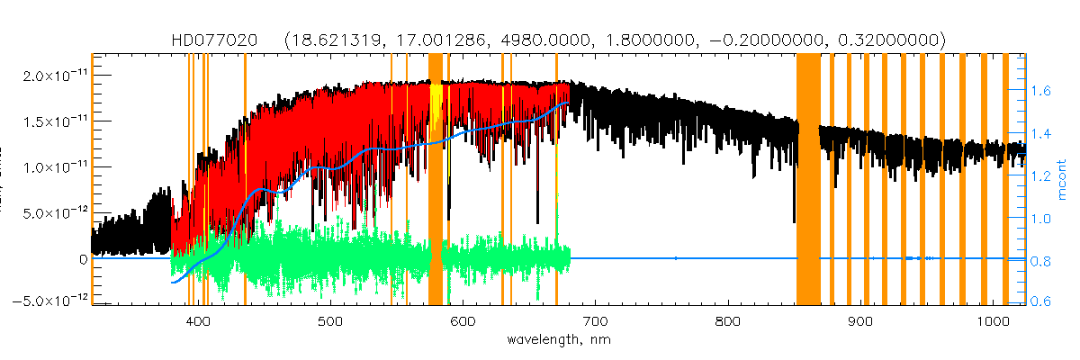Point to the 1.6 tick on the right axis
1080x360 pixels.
click(1042, 91)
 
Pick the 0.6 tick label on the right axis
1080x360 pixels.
click(1042, 302)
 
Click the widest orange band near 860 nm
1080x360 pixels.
click(807, 180)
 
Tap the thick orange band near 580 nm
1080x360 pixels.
click(435, 180)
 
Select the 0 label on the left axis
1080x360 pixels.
click(83, 259)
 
